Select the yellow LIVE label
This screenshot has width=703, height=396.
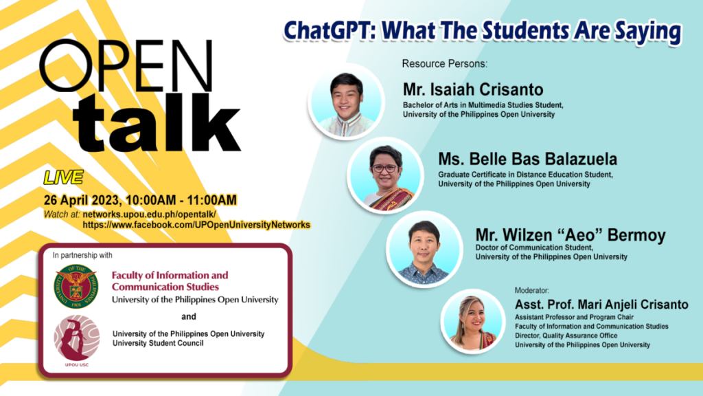63,177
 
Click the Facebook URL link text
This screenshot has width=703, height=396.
196,225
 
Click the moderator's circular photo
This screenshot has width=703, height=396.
474,320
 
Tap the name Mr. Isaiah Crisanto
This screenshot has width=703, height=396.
473,90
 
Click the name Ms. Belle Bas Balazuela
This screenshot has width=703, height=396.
527,159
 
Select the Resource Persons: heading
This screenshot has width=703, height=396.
444,63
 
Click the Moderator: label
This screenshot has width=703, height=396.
535,290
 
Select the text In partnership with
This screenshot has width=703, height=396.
82,254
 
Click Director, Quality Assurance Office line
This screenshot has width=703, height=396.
566,335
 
